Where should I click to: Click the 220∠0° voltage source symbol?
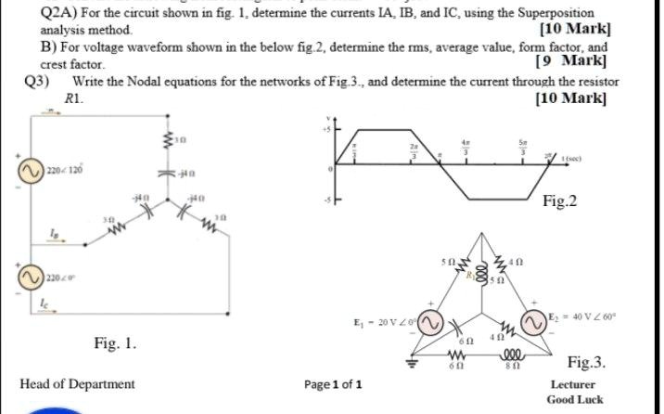click(28, 275)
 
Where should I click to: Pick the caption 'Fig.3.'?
click(586, 363)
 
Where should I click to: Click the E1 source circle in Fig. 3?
click(429, 323)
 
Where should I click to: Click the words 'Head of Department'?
click(77, 383)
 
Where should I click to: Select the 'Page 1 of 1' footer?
click(332, 383)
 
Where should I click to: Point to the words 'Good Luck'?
click(574, 399)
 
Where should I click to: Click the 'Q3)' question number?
click(36, 82)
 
